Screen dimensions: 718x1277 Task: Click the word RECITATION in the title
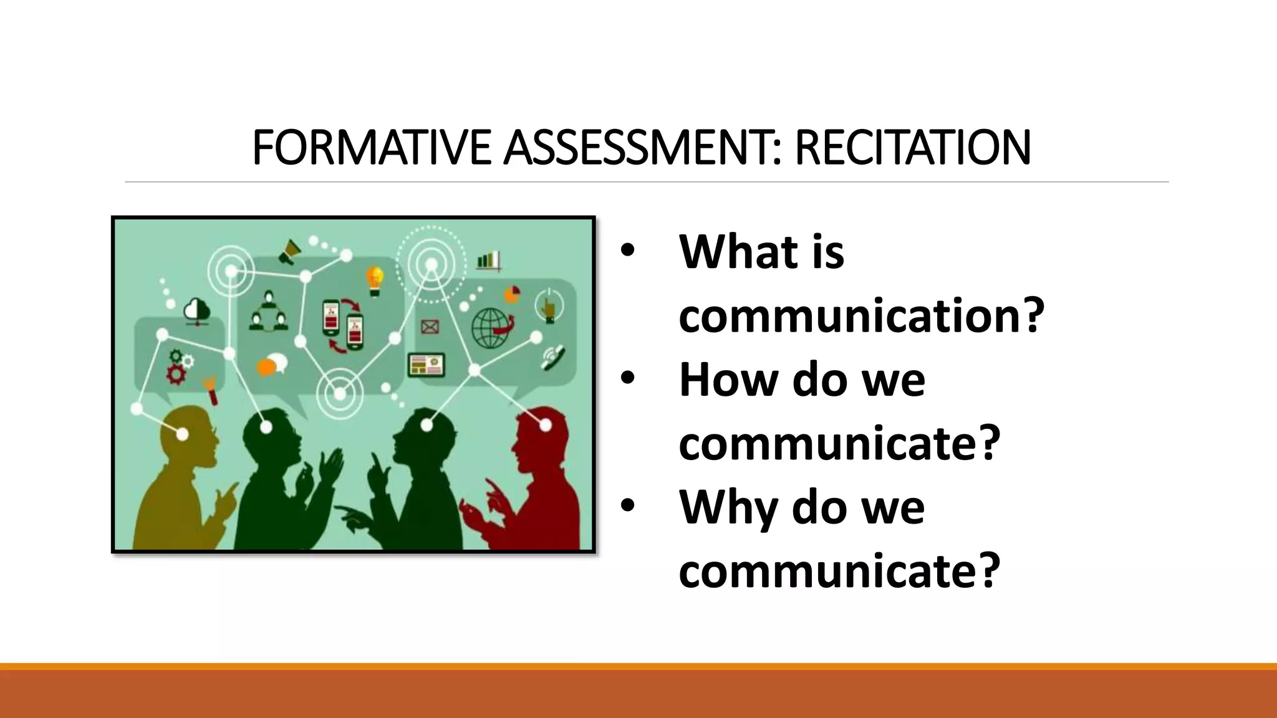click(x=912, y=148)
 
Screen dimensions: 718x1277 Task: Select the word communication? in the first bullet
click(x=861, y=316)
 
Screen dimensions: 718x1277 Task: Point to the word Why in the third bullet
click(x=727, y=507)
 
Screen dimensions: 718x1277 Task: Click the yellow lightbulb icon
click(x=375, y=280)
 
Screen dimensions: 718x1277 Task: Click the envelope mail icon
click(x=430, y=326)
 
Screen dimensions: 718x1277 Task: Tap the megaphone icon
click(x=289, y=252)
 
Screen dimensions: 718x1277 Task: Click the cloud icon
click(x=198, y=310)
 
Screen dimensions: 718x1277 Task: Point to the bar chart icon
click(x=488, y=261)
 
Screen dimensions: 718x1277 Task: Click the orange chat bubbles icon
click(x=272, y=365)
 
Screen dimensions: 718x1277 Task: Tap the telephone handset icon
click(x=553, y=357)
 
